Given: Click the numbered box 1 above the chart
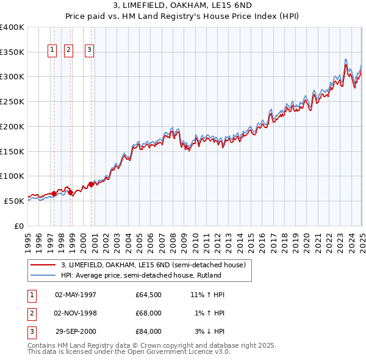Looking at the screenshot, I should coord(52,50).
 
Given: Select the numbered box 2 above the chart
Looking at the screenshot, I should coord(68,50).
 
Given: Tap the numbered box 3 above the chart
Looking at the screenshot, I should coord(89,50).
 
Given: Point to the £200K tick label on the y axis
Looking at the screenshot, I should coord(12,126).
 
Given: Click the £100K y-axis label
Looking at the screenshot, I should coord(12,176).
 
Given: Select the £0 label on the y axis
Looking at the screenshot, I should coord(20,226).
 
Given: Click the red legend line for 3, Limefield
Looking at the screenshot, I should coord(43,265).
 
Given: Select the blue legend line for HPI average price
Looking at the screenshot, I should coord(43,275).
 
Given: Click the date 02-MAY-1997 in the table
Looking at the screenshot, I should coord(76,295).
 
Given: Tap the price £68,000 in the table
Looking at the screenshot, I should coord(148,313).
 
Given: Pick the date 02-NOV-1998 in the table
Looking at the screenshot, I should coord(76,313).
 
